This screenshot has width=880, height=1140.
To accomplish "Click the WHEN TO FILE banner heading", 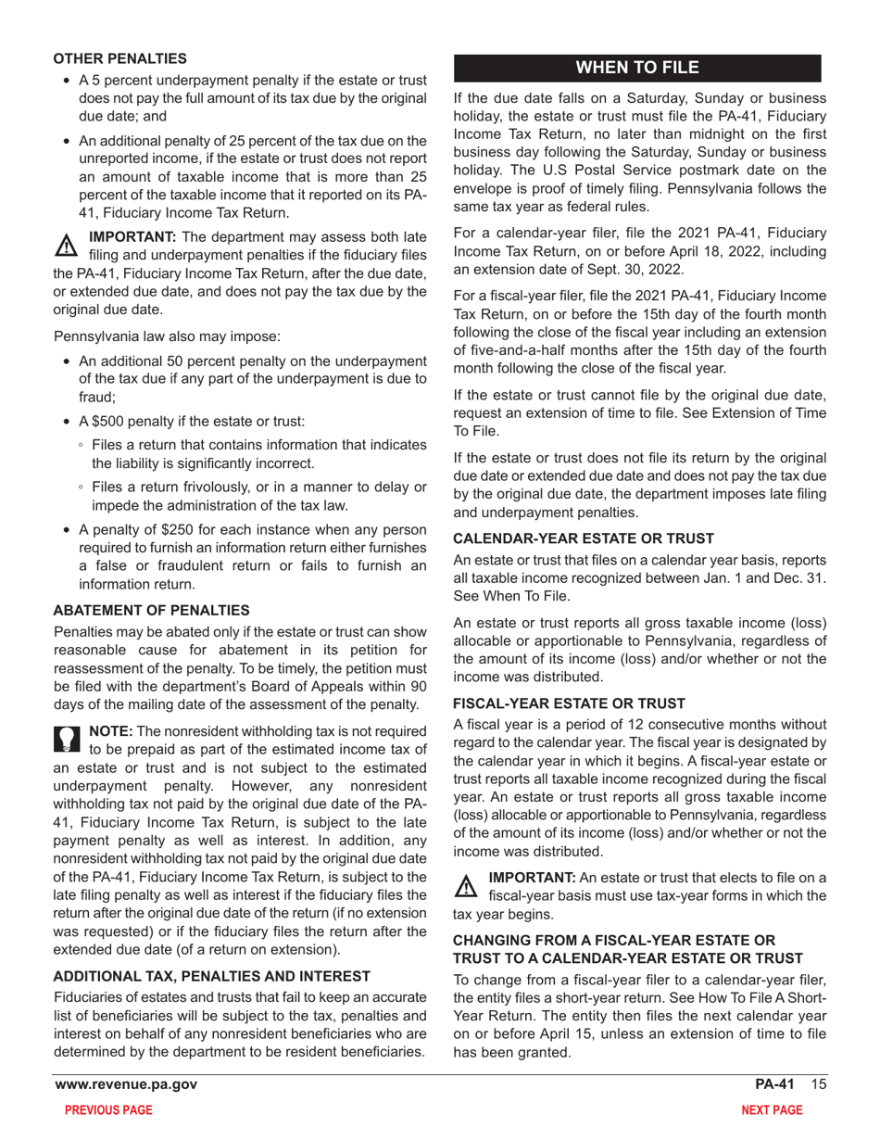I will coord(637,68).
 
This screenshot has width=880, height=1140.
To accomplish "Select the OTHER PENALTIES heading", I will coord(119,58).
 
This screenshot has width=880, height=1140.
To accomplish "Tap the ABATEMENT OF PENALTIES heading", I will coord(151,610).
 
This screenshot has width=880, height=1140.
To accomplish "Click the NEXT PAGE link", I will coord(772,1110).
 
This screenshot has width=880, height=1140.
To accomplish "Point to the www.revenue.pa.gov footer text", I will coord(126,1084).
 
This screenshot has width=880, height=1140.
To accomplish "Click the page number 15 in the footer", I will coord(816,1084).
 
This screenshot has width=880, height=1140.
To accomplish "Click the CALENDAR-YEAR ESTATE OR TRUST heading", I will coord(584,538).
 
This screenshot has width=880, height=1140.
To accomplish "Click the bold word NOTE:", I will coord(110,731).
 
